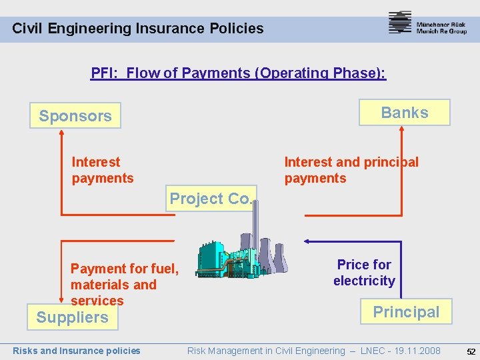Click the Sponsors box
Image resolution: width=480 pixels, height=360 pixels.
[x=75, y=115]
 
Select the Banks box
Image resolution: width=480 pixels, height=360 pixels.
[x=405, y=113]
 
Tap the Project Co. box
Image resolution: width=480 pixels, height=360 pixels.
[x=211, y=198]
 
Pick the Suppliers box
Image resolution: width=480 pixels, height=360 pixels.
[x=72, y=317]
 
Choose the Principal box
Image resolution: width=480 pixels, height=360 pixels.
[x=405, y=311]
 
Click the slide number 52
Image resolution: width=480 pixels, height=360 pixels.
[x=471, y=351]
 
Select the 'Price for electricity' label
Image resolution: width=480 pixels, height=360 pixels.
[x=364, y=273]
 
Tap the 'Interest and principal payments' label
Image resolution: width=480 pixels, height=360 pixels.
[x=351, y=170]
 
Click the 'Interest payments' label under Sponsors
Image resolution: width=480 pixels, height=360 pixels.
[x=103, y=170]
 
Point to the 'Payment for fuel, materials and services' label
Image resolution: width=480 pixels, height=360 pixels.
[x=124, y=285]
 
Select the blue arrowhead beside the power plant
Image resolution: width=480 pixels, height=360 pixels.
[x=307, y=241]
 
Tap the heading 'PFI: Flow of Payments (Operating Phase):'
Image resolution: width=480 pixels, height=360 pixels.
[x=238, y=73]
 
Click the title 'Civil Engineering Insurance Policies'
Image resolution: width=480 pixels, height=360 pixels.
[x=138, y=28]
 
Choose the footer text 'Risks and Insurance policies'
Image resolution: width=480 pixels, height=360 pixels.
[x=77, y=351]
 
